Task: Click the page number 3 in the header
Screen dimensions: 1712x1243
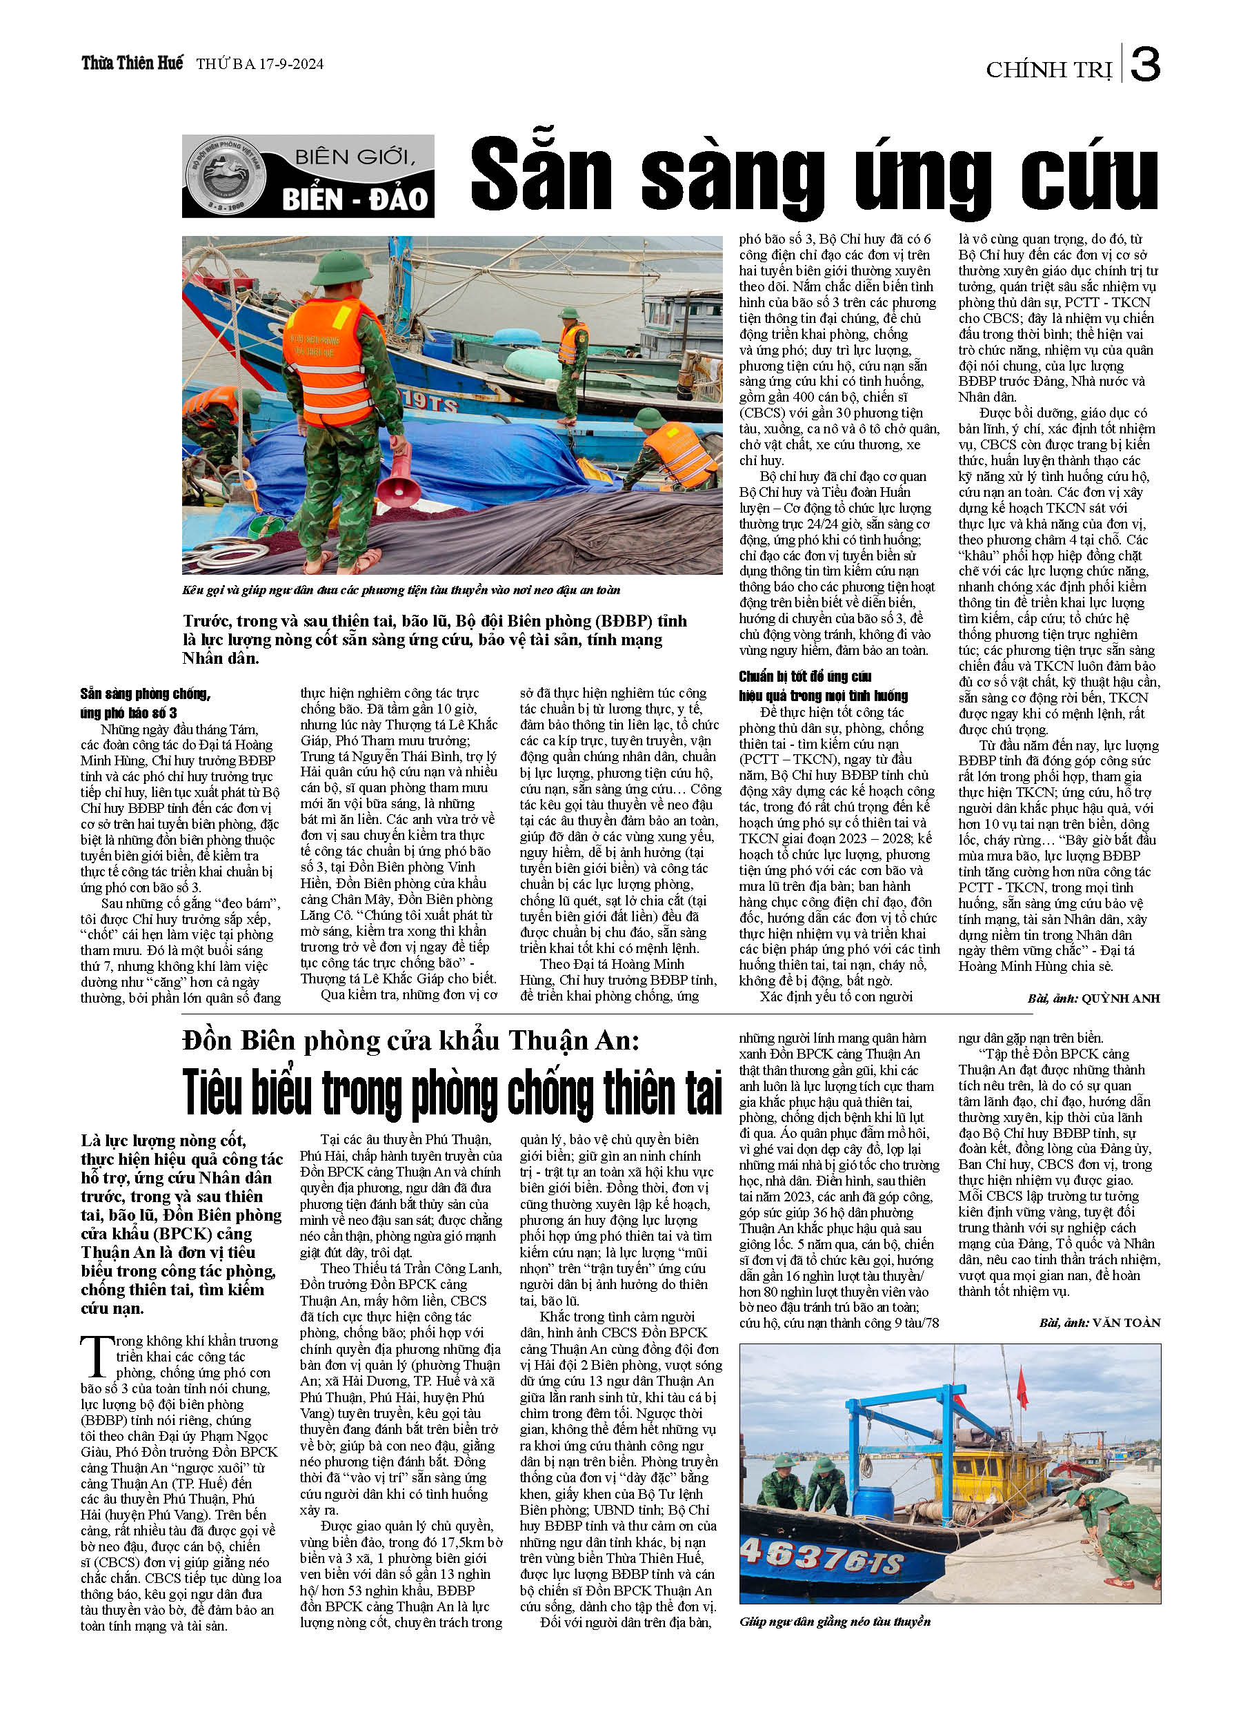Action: (1145, 65)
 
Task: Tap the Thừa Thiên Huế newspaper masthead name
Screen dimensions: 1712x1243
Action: (132, 63)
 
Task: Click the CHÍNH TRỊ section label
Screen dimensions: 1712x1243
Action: (1049, 70)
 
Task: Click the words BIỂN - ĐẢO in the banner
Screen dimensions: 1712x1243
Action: (355, 199)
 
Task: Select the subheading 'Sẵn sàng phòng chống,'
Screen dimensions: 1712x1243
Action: (146, 693)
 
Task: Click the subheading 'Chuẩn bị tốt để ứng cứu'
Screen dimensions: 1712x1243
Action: (805, 676)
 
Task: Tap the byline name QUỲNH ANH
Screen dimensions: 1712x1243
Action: (1120, 998)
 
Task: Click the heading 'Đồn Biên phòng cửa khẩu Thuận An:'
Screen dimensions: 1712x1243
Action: (410, 1041)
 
